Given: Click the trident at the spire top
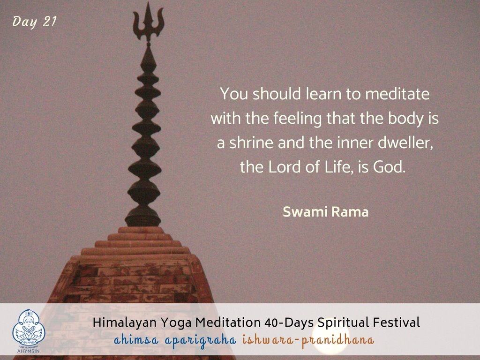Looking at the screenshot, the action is [149, 23].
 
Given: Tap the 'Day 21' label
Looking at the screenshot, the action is [35, 22].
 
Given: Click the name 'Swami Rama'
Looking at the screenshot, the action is [325, 212].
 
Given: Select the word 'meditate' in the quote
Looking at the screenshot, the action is [397, 94].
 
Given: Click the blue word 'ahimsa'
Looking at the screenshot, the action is [136, 340].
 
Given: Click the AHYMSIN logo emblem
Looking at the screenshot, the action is [29, 328].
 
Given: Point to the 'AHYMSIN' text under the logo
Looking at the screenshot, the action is [29, 351].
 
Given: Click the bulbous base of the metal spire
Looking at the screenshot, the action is [142, 217].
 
